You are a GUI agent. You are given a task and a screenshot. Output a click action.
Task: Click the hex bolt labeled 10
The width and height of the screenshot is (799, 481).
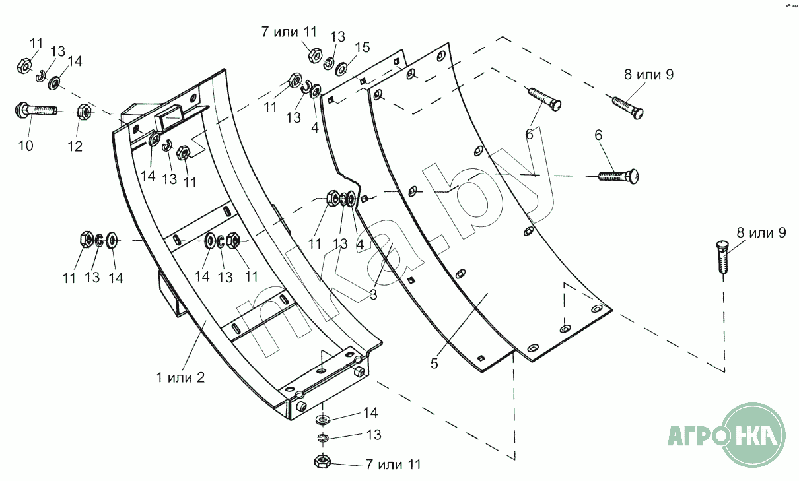(36, 110)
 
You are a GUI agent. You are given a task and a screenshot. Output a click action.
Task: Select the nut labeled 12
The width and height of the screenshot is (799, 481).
(84, 112)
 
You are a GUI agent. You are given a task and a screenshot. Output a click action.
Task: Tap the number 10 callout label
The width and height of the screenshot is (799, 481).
(26, 146)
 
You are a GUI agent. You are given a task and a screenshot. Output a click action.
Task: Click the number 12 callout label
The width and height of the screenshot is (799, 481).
(75, 146)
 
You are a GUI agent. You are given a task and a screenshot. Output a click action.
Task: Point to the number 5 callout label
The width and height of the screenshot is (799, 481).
(434, 364)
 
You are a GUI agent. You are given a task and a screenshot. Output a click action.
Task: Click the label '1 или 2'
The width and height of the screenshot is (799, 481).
(180, 377)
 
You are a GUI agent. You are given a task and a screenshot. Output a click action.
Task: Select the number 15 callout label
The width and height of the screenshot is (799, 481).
(363, 48)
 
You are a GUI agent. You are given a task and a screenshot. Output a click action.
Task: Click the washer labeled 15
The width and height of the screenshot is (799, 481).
(342, 69)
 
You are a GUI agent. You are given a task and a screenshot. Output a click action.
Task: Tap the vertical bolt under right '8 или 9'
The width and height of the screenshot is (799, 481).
(722, 257)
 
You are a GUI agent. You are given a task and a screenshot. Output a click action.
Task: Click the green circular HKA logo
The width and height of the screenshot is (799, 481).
(753, 435)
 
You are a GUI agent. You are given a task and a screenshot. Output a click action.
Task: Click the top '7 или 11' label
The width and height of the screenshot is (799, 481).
(289, 32)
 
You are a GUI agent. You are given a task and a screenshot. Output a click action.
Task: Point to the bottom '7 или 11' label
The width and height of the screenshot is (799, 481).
(394, 465)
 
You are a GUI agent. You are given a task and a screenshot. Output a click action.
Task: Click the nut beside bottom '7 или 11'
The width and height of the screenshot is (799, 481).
(322, 461)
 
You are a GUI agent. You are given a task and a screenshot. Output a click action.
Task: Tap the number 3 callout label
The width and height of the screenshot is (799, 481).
(374, 295)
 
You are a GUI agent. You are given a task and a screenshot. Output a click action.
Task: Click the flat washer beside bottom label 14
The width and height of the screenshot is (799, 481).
(323, 419)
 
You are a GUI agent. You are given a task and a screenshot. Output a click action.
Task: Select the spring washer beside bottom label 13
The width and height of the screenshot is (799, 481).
(323, 438)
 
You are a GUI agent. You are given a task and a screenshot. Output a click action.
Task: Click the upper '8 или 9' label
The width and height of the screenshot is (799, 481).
(649, 75)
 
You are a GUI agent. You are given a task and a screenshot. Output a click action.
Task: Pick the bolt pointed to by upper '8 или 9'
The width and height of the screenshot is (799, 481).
(628, 108)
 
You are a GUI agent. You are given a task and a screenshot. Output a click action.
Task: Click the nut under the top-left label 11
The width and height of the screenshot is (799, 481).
(24, 66)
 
